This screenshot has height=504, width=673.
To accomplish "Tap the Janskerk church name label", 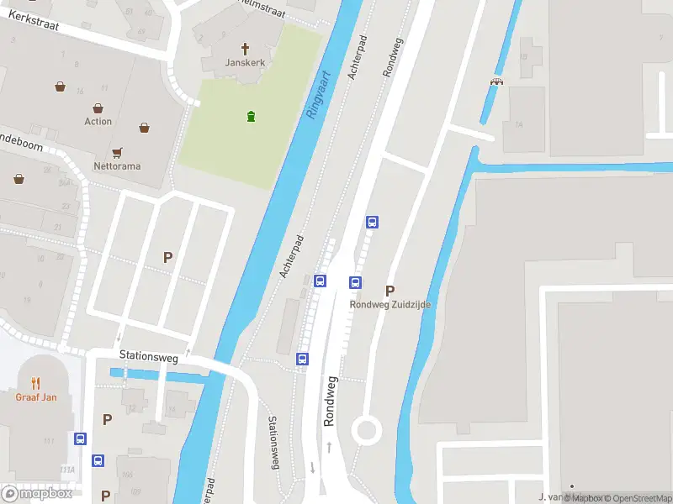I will (246, 63).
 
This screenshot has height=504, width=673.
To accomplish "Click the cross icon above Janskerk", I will (246, 49).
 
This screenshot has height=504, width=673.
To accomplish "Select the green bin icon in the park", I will (250, 116).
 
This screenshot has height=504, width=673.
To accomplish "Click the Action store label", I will (98, 122).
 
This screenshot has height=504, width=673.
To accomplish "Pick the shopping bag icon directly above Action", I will (98, 108).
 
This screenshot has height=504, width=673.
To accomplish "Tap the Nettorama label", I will (117, 166).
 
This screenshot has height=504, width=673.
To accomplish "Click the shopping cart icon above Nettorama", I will (118, 152).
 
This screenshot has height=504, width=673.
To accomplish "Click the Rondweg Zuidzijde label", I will (390, 305).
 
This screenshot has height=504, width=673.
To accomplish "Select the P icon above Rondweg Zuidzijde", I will (390, 290).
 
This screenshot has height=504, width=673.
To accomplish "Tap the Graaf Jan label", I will (36, 397).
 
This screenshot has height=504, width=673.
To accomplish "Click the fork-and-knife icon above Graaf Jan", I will (36, 383).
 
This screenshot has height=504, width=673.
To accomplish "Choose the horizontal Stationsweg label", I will (148, 357).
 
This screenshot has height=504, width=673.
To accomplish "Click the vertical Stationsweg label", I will (273, 443).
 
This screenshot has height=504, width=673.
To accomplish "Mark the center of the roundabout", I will (366, 431).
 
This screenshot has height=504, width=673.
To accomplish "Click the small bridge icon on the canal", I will (496, 81).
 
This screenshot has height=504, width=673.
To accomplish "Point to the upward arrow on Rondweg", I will (329, 448).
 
